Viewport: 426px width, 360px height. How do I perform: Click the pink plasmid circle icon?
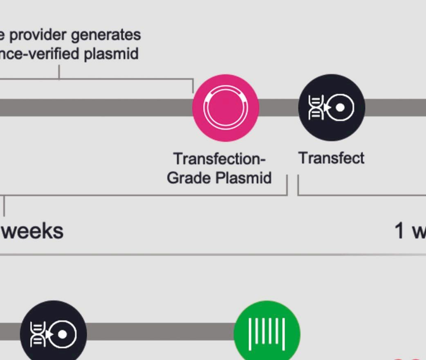click(226, 108)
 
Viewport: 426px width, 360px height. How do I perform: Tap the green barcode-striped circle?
click(267, 333)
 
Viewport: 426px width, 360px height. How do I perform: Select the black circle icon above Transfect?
click(332, 108)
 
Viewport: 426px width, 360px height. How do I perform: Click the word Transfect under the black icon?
click(331, 158)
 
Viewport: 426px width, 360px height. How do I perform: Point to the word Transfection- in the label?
click(220, 159)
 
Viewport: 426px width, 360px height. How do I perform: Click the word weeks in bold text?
click(33, 231)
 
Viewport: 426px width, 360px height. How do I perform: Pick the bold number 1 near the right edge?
click(400, 231)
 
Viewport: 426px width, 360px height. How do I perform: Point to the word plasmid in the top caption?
click(111, 54)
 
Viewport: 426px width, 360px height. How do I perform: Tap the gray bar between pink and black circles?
click(278, 108)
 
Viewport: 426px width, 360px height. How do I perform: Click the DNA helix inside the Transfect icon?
click(315, 108)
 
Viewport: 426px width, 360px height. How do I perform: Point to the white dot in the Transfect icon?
click(340, 108)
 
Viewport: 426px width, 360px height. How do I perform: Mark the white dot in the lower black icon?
click(62, 335)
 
